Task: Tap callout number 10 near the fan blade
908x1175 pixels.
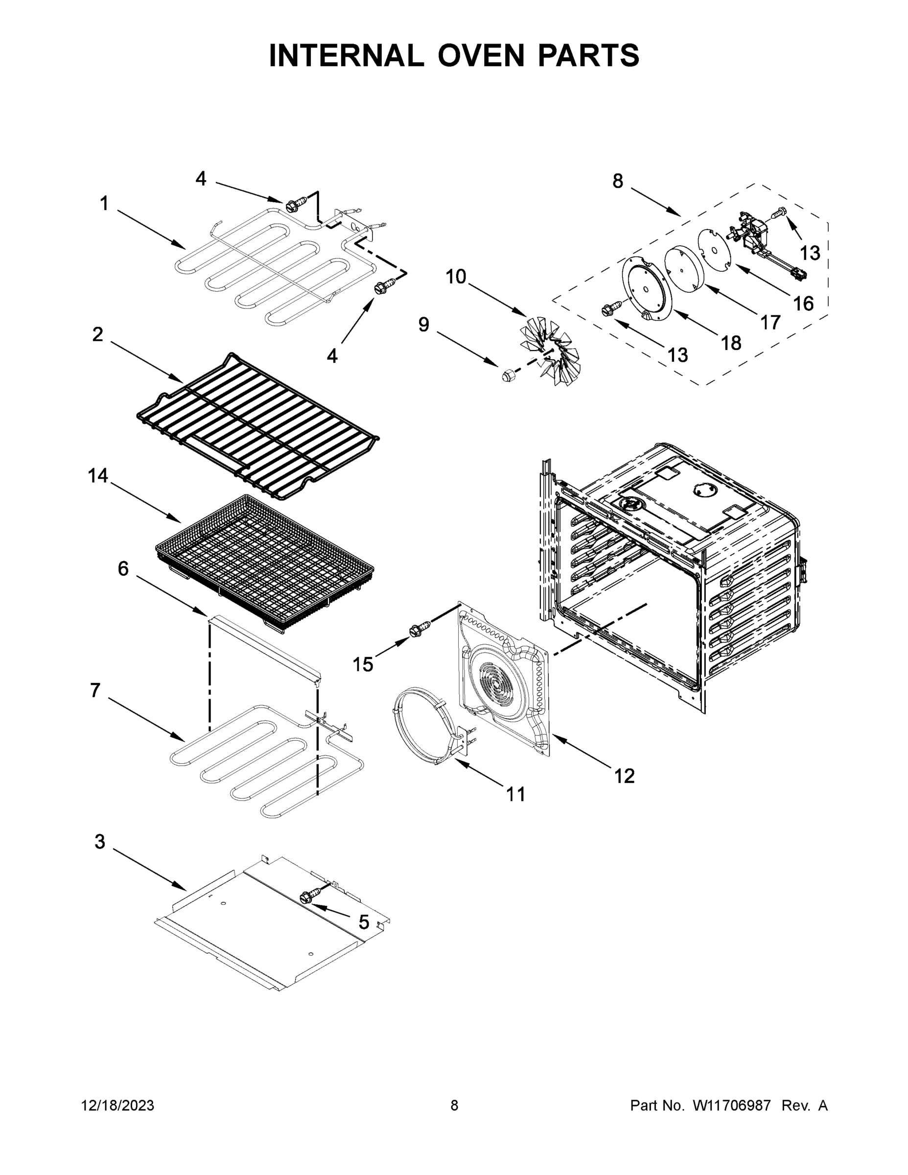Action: pos(456,277)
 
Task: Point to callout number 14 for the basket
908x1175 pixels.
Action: pos(98,475)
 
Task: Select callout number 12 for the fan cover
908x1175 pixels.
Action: pos(625,775)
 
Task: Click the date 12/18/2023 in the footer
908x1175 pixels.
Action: pos(117,1106)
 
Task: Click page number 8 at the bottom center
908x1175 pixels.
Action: pos(454,1106)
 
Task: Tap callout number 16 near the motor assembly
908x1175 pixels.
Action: pos(804,304)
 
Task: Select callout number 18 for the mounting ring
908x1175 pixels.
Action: pos(731,343)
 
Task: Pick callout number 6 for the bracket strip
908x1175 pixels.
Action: pos(123,568)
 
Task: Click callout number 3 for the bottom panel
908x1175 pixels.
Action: pos(99,842)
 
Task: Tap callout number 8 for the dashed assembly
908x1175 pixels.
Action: pos(618,181)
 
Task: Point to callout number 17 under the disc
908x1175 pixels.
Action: pos(770,322)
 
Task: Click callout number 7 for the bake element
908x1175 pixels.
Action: pos(95,690)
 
